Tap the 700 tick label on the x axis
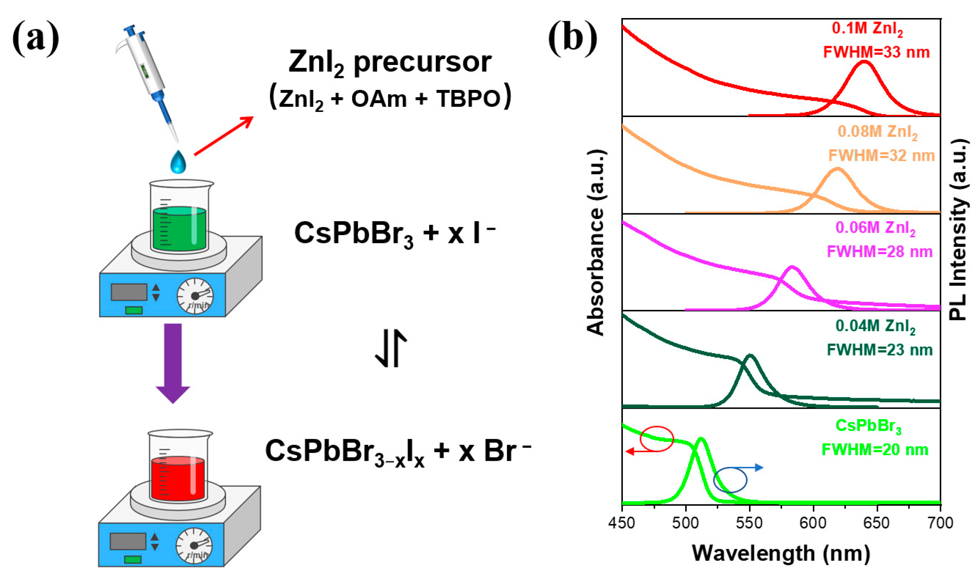[x=940, y=523]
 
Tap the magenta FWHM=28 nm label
[x=880, y=252]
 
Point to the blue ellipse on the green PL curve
[x=730, y=480]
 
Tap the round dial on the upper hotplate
[x=195, y=296]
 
